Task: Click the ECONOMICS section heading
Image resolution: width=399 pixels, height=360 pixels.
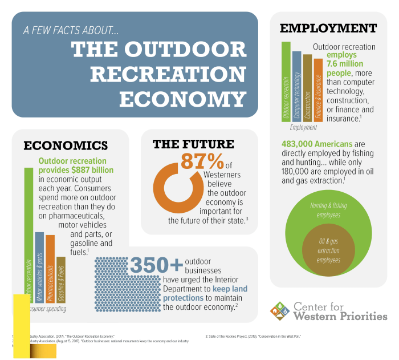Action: point(66,145)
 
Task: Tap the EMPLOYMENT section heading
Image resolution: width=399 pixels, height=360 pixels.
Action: point(328,29)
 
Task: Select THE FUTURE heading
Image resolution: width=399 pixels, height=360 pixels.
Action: point(193,144)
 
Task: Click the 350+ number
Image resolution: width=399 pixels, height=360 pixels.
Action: point(156,265)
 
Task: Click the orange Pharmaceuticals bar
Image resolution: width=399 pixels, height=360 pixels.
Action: point(50,268)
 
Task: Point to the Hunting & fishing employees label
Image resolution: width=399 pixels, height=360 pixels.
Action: point(325,211)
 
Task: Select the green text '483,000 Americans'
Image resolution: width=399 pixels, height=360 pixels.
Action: point(316,144)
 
